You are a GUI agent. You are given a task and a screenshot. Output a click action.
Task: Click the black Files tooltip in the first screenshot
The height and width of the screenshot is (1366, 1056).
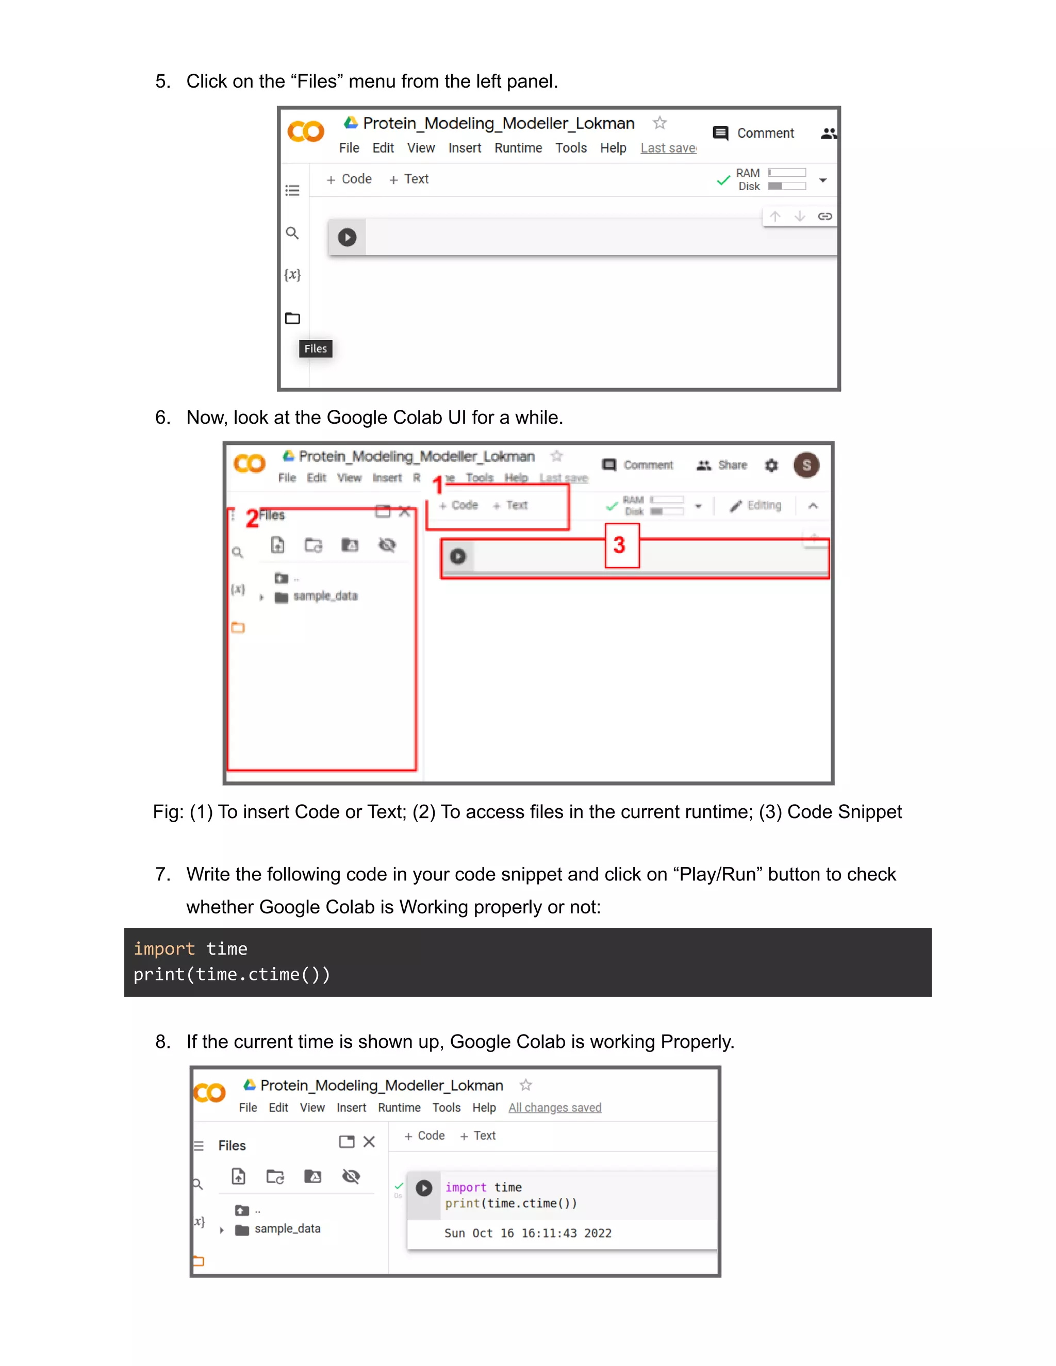coord(315,348)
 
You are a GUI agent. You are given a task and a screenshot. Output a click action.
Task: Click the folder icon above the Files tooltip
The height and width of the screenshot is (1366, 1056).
coord(292,319)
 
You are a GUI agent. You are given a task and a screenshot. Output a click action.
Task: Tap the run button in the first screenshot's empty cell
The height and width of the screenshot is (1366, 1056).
coord(347,237)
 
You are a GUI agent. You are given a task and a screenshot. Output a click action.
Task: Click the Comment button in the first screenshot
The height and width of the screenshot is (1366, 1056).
coord(754,133)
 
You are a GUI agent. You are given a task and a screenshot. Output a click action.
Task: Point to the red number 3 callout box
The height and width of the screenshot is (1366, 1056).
coord(621,545)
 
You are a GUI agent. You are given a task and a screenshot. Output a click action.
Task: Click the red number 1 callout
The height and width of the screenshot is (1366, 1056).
coord(438,485)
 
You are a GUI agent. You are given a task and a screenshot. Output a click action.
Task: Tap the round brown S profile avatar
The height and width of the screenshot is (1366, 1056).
coord(806,465)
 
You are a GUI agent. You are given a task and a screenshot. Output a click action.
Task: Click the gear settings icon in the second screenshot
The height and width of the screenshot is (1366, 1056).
coord(771,465)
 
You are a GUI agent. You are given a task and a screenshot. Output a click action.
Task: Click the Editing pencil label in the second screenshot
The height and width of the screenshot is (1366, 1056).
coord(756,505)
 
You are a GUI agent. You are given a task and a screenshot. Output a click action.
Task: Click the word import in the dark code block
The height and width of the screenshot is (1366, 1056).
coord(164,949)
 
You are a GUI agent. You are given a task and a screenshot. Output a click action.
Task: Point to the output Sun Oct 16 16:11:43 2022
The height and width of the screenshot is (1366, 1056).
coord(527,1233)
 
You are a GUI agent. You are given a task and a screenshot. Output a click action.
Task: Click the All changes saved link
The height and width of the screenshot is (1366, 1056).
coord(554,1108)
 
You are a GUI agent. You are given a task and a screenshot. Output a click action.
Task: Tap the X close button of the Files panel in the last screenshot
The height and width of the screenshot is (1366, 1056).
coord(369,1142)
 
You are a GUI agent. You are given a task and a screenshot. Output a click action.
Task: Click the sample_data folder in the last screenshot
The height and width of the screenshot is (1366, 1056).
coord(287,1229)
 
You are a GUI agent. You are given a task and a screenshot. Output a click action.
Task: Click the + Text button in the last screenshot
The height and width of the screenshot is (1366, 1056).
coord(478,1136)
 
